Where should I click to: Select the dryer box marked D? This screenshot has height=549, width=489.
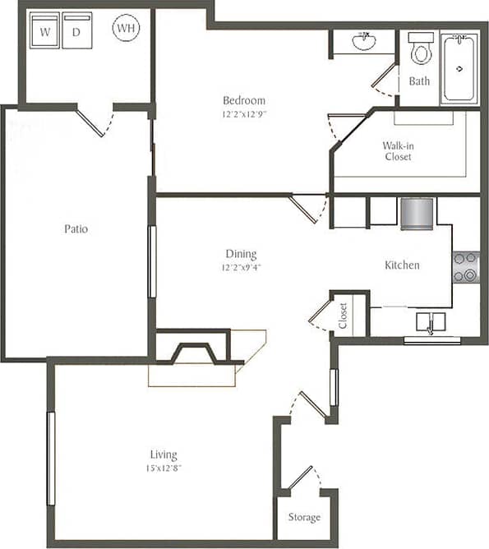pos(77,33)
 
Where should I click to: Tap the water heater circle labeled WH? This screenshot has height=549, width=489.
pos(126,29)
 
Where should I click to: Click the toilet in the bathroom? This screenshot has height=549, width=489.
pos(421,49)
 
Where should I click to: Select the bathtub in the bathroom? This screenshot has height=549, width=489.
pos(459,69)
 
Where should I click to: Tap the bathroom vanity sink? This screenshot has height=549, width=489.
pos(362,40)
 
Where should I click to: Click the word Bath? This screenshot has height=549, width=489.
pos(419,81)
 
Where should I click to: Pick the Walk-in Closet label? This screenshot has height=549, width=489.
pos(398,151)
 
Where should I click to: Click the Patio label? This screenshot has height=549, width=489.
pos(76,228)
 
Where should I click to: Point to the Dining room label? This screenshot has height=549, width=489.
pos(242,254)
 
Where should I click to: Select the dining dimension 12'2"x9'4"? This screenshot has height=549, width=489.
pos(242,267)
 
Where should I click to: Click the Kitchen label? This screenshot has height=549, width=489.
pos(403,265)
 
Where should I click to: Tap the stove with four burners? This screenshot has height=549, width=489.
pos(465,267)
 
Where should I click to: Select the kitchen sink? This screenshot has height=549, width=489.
pos(431,321)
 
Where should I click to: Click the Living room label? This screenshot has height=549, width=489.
pos(163,454)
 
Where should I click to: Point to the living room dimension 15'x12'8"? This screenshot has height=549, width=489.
pos(163,468)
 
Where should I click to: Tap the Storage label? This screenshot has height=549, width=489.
pos(304,518)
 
